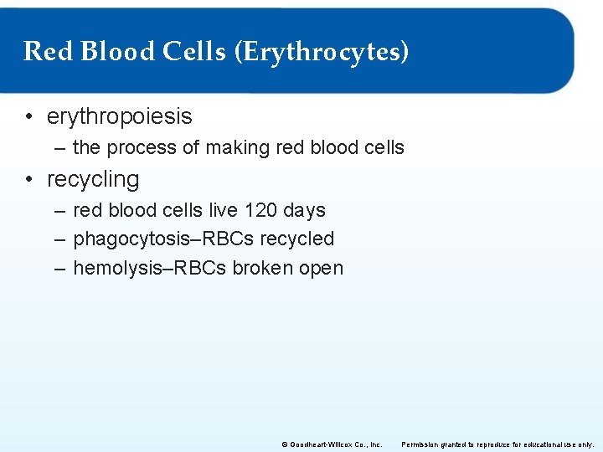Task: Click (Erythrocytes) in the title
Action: [322, 52]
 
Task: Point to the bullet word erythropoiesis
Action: [120, 116]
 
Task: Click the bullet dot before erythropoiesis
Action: [29, 117]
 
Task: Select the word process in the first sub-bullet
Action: [142, 148]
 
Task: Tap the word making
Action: [236, 148]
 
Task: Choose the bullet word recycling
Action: [93, 179]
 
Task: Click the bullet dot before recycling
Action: [29, 180]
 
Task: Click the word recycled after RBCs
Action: [296, 239]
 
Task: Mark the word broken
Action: [265, 269]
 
